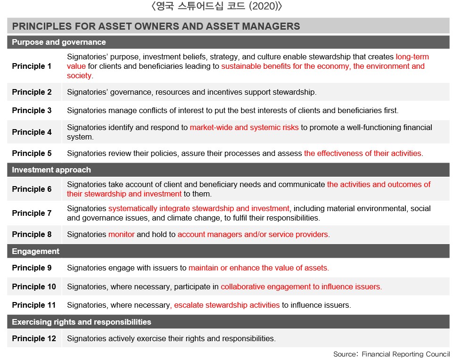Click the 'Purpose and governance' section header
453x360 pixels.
pos(59,42)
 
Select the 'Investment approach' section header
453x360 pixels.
pos(51,170)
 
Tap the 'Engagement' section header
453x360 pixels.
pos(36,251)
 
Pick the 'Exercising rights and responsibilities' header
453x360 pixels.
pos(82,322)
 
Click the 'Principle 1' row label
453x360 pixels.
pos(32,66)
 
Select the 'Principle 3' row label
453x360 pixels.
pos(32,110)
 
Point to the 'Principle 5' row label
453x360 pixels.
pos(32,153)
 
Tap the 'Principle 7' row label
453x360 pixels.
pos(32,213)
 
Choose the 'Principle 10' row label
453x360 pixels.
pos(34,286)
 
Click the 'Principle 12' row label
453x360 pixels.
pos(34,338)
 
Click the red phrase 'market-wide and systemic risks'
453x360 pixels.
pos(244,127)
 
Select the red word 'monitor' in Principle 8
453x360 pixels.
pos(122,234)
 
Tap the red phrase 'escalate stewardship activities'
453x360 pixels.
pos(227,305)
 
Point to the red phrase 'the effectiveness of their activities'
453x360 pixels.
pos(363,153)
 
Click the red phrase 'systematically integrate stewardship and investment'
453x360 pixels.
pos(199,208)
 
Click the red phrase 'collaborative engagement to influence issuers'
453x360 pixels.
pos(301,286)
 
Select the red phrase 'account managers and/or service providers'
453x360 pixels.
pos(253,234)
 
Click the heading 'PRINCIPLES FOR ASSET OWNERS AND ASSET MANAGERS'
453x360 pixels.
pos(156,26)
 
